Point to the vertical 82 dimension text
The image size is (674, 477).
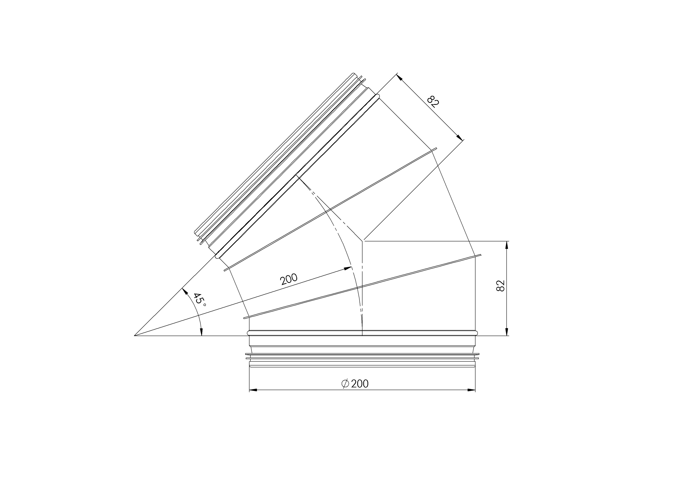coord(500,285)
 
